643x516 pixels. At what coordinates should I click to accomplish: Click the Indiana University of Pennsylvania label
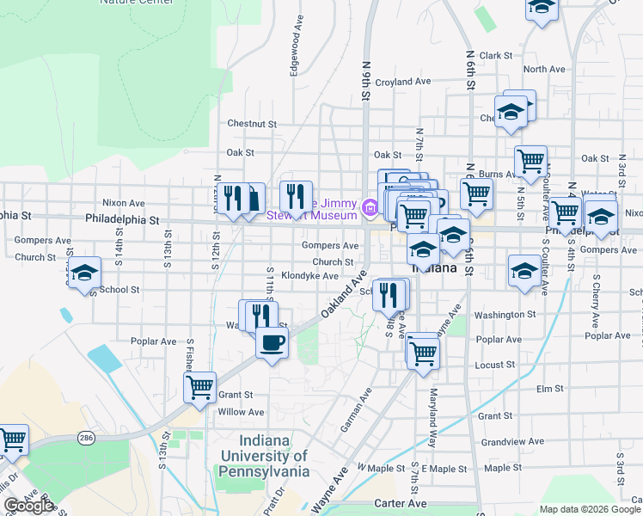click(x=263, y=463)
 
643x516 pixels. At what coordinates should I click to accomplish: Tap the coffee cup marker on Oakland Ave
click(x=272, y=342)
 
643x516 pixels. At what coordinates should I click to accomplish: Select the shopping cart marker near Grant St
click(x=199, y=387)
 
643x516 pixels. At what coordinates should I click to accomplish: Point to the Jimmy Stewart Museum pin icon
click(x=370, y=206)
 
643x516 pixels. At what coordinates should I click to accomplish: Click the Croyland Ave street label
click(x=402, y=82)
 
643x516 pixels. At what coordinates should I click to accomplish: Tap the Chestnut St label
click(x=251, y=124)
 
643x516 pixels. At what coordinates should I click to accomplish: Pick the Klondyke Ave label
click(x=310, y=276)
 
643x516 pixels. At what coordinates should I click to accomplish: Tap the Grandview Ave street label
click(x=512, y=441)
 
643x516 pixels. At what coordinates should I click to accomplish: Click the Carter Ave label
click(x=401, y=503)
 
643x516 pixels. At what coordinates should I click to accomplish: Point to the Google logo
click(x=28, y=506)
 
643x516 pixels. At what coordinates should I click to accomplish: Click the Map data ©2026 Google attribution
click(x=591, y=509)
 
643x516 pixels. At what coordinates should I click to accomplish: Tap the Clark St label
click(x=496, y=56)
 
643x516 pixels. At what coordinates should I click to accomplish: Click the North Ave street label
click(x=543, y=70)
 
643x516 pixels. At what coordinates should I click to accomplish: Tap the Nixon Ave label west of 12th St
click(x=124, y=204)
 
